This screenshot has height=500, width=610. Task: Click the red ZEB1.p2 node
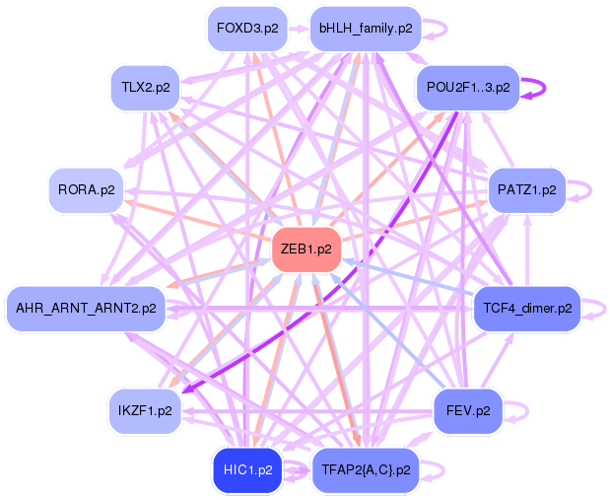click(x=306, y=250)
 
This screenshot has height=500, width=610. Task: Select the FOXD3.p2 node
click(x=247, y=29)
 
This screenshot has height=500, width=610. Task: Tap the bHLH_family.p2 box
click(x=366, y=29)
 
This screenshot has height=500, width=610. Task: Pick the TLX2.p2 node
click(x=146, y=87)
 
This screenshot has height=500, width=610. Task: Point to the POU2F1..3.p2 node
click(x=468, y=87)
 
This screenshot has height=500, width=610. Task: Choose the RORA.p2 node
click(x=87, y=190)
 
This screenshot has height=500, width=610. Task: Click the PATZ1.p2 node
click(x=527, y=190)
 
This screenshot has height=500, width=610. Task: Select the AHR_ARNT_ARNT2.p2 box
click(x=86, y=309)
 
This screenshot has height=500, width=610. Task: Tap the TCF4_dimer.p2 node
click(x=527, y=309)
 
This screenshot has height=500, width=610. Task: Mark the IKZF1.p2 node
click(x=145, y=411)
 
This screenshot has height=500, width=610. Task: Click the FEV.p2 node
click(x=468, y=411)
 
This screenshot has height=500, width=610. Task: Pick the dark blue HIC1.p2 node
click(x=247, y=470)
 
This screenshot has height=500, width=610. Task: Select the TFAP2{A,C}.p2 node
click(x=366, y=470)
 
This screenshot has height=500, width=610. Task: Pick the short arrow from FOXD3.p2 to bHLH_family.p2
click(x=299, y=29)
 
